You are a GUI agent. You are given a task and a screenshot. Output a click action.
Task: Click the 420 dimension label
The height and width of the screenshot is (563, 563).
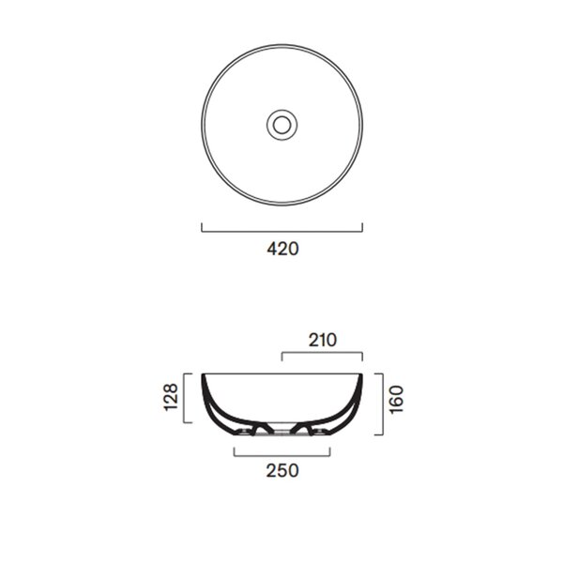point(282,249)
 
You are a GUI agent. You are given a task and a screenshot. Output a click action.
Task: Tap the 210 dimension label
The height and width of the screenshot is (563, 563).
point(323,340)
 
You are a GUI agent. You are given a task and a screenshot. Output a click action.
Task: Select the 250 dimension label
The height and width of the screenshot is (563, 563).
point(282,470)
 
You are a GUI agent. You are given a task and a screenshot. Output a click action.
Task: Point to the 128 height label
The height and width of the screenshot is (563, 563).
point(171,398)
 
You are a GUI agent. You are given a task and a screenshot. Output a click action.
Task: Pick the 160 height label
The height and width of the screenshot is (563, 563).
point(396,400)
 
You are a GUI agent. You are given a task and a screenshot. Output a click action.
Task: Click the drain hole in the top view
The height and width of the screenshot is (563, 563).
point(281,125)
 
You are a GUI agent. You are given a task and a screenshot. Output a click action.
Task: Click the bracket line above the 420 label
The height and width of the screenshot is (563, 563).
point(281,232)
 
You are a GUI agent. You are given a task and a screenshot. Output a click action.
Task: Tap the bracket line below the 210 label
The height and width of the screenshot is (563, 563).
point(322,353)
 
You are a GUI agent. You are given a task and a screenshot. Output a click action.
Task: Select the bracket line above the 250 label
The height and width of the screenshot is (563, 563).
point(281,456)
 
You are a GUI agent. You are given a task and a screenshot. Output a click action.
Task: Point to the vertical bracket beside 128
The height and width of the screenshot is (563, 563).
point(184,398)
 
